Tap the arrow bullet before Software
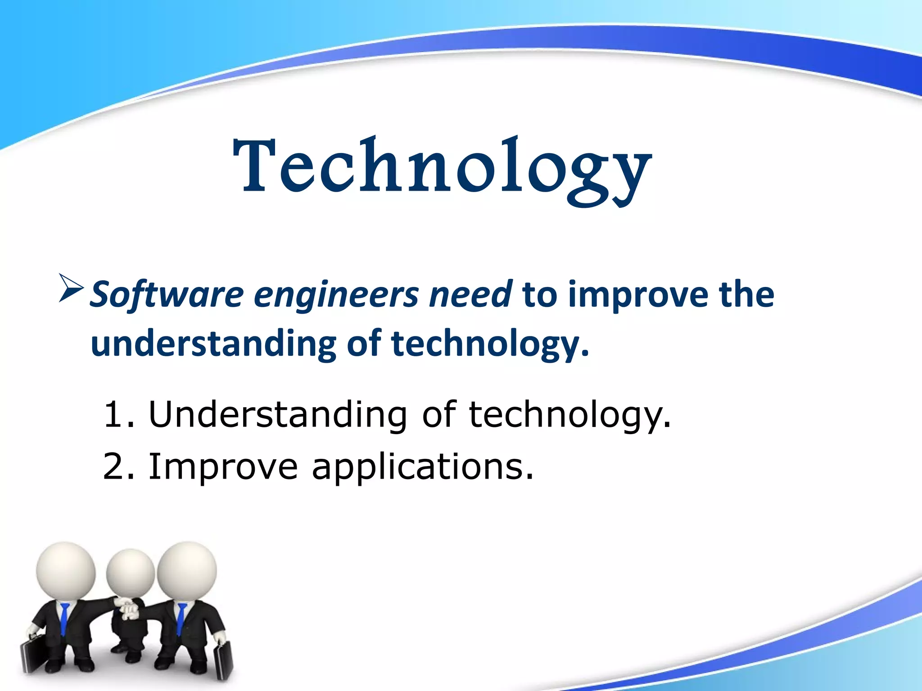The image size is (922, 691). (71, 288)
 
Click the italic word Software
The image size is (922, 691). (167, 295)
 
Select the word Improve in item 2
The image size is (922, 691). (223, 467)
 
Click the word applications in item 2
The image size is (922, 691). (422, 468)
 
